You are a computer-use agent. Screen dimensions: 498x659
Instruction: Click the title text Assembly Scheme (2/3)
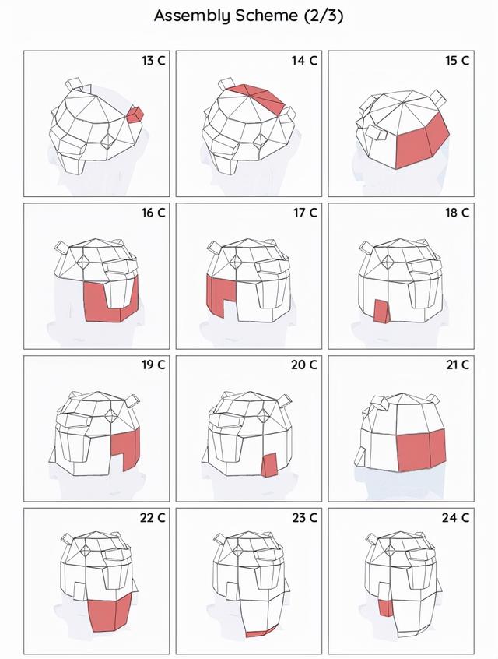[248, 16]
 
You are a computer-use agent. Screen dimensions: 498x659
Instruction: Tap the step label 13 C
[153, 61]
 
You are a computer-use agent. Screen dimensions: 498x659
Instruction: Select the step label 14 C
[305, 61]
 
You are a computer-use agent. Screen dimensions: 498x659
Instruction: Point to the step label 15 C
[458, 61]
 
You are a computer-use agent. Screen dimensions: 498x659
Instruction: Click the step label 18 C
[458, 213]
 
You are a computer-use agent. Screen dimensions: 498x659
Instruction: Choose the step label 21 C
[458, 365]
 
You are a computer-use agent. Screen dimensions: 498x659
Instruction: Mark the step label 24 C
[455, 518]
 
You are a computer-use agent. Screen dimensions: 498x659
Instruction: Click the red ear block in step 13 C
[135, 115]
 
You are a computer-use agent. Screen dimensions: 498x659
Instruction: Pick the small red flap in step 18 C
[382, 311]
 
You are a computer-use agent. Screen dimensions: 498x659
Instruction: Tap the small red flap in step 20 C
[269, 465]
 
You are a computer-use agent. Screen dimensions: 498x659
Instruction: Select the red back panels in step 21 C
[421, 449]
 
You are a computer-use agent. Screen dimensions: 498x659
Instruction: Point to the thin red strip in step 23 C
[261, 632]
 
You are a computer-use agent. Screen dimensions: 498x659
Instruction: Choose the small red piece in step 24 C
[385, 608]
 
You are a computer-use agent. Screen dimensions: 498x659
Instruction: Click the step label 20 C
[304, 365]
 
